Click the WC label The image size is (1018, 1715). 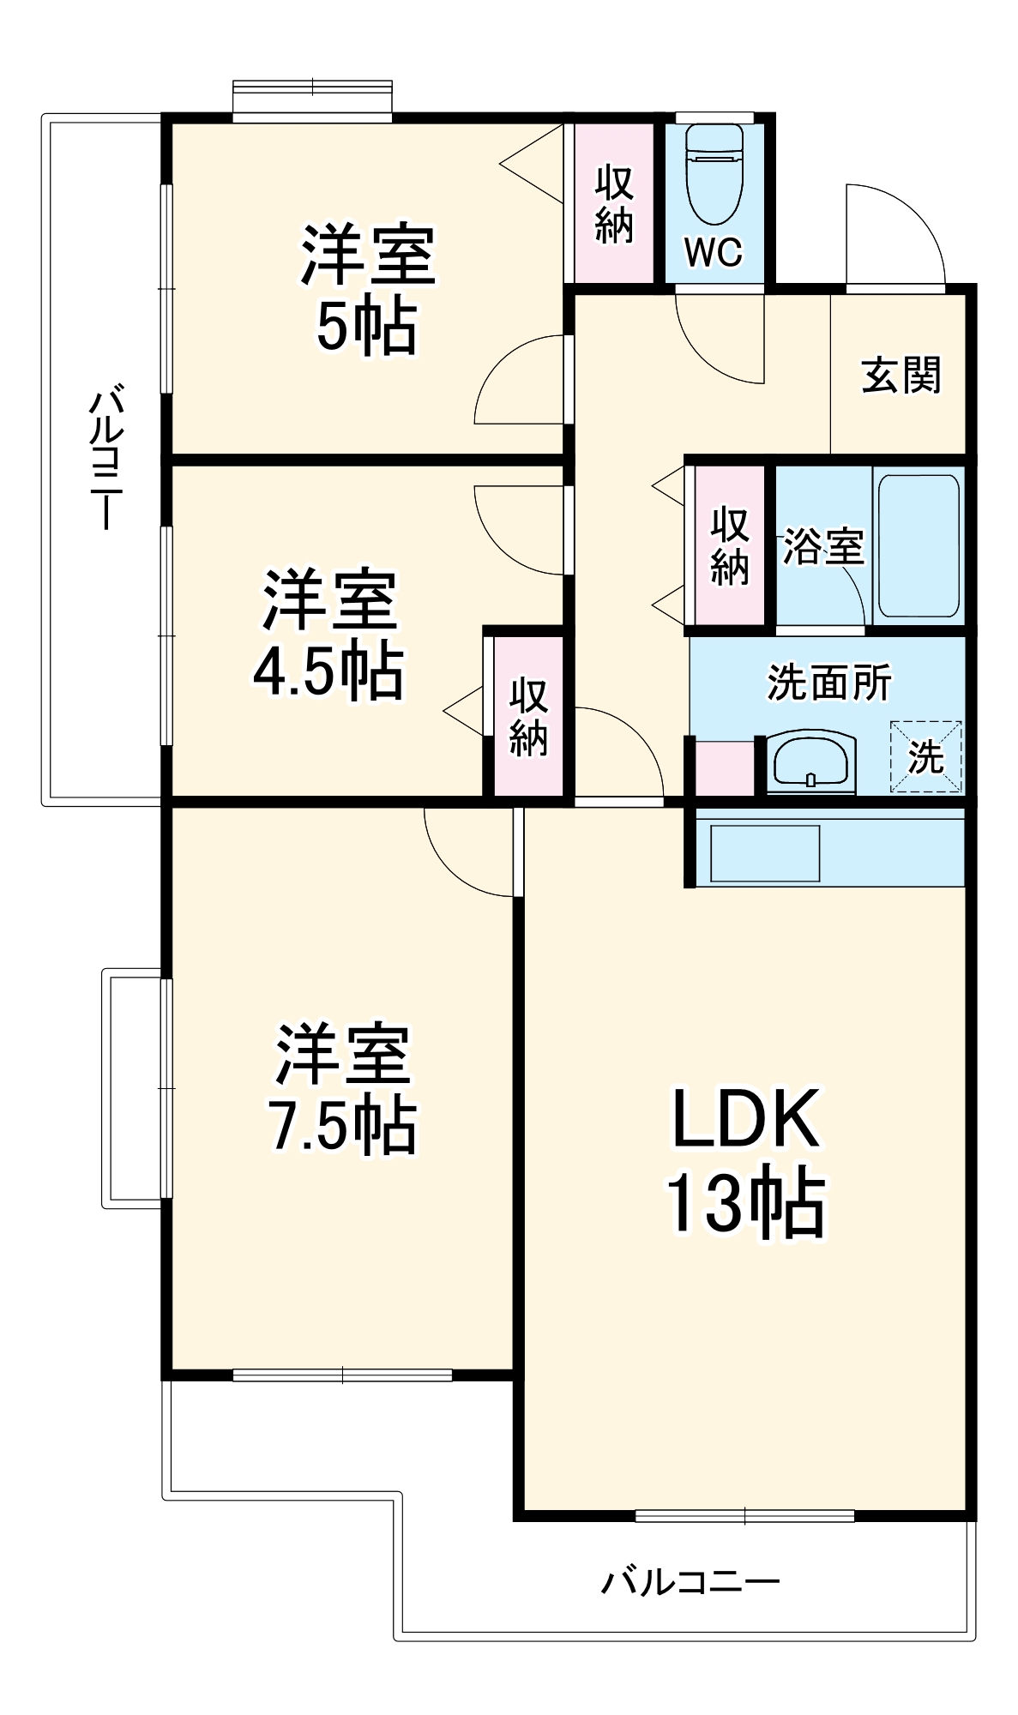tap(714, 252)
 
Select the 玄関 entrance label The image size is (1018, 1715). tap(901, 376)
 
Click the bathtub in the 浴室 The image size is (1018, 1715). tap(919, 545)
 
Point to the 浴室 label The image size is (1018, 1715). tap(822, 546)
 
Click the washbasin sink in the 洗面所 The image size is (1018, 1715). tap(810, 760)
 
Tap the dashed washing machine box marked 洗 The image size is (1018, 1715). tap(926, 756)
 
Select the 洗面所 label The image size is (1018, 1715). tap(828, 683)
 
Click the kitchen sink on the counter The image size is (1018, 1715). tap(765, 853)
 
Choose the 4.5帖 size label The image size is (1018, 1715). tap(328, 670)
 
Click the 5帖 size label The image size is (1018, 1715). tap(367, 326)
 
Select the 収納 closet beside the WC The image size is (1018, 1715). tap(614, 204)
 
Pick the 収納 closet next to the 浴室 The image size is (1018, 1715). tap(730, 546)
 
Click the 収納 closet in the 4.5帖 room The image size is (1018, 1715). tap(528, 717)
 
